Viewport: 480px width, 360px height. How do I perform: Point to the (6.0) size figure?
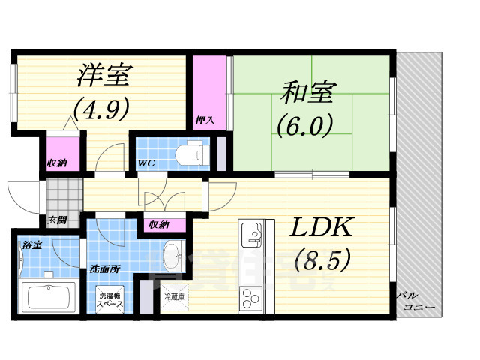point(304,124)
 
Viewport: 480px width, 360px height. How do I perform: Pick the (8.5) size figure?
point(320,261)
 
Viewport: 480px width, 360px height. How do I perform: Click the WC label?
point(146,163)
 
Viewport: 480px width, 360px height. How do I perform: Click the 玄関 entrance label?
point(56,220)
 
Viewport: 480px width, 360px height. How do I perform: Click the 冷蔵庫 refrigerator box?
point(175,298)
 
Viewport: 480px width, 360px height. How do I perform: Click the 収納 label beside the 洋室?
point(57,162)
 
